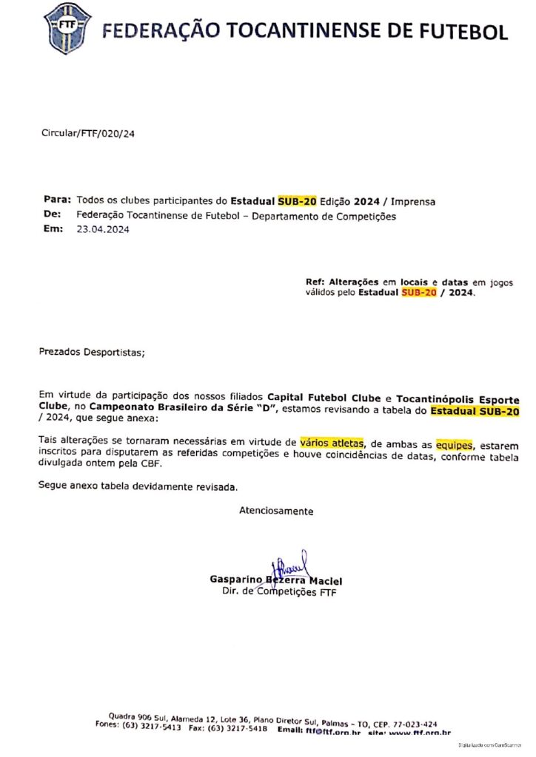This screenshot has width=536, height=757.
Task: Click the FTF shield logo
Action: (69, 28)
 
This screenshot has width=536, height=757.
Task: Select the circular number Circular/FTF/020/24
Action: (89, 133)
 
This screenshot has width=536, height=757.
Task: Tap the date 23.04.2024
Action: (103, 230)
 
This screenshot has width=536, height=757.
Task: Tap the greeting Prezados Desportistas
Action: (92, 352)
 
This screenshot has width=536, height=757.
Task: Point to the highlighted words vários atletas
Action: (332, 442)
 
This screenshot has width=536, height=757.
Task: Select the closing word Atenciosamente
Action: (275, 511)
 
